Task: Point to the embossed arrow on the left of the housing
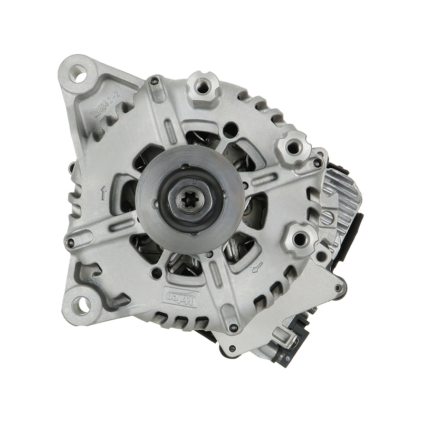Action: pyautogui.click(x=103, y=193)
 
